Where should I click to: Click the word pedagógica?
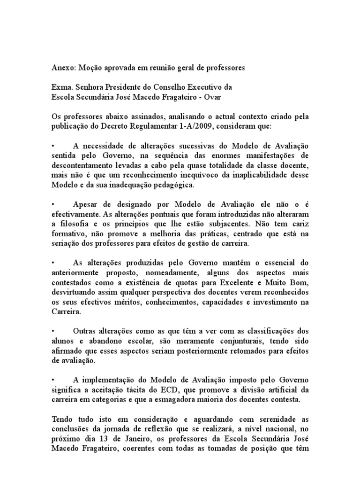pos(162,186)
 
